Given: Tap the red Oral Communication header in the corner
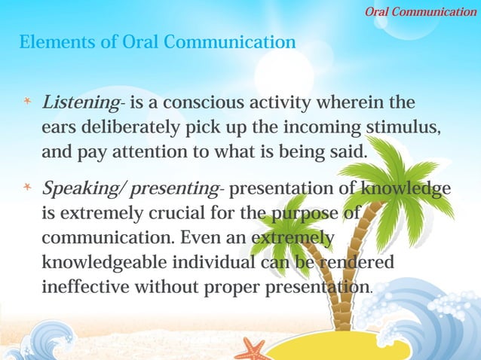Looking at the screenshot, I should [420, 11].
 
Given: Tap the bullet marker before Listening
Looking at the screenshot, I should [26, 102].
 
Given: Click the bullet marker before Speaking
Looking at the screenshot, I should [26, 187].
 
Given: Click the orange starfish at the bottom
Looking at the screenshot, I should [252, 349].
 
